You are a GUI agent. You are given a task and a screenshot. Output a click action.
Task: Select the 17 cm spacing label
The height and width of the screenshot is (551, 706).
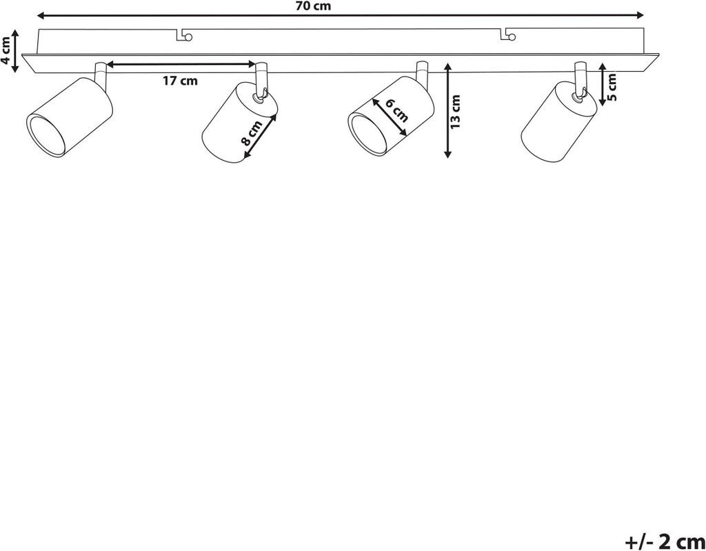180,81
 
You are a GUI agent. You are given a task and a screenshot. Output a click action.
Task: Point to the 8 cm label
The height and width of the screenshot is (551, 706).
251,132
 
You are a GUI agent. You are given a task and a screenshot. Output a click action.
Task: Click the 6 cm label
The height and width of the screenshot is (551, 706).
396,110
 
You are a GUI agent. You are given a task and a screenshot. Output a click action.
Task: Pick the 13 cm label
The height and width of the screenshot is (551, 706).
455,111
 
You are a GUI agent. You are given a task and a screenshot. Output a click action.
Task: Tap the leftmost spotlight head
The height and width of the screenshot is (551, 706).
68,118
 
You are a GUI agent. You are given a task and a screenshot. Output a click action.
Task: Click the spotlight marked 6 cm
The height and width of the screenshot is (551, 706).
390,117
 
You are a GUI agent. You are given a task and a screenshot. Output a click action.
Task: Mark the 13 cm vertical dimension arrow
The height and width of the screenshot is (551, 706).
447,110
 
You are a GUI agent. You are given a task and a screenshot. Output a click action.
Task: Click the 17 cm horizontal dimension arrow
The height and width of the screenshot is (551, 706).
181,65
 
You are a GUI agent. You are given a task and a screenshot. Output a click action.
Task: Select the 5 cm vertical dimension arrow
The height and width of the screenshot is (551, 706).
602,84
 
